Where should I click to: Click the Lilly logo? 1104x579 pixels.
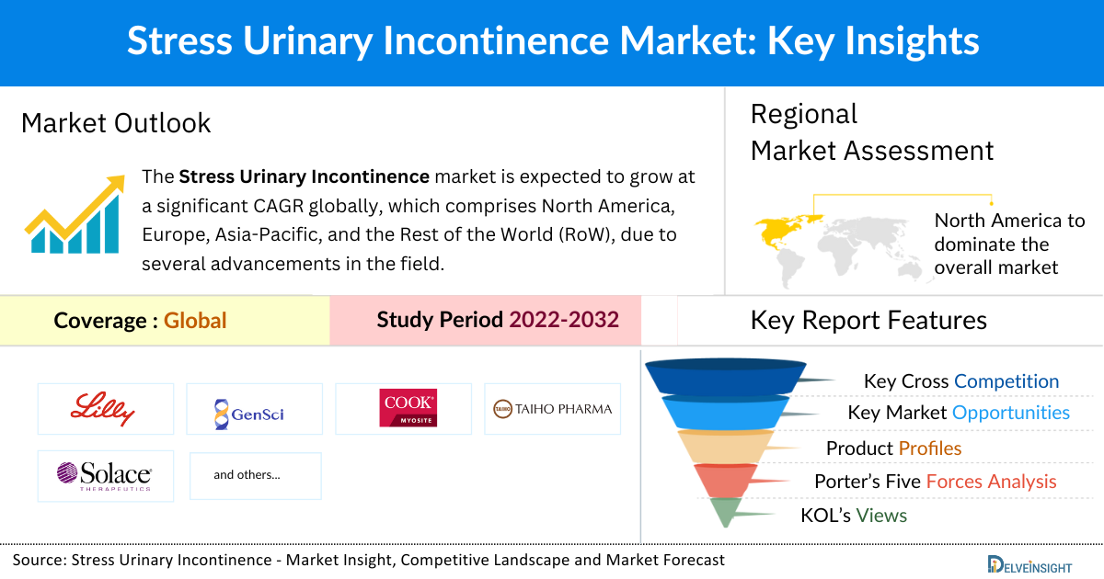(106, 408)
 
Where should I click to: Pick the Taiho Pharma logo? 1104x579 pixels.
(552, 409)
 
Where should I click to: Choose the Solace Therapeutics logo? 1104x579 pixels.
(106, 475)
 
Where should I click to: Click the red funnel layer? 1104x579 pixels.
(723, 480)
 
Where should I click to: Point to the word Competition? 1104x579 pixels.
(1006, 381)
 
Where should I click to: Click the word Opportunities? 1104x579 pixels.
(1011, 413)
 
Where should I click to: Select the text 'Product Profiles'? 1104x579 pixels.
(893, 448)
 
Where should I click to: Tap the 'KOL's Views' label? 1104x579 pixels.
(854, 516)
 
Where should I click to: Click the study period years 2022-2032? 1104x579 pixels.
(564, 320)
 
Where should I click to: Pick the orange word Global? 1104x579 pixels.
(195, 321)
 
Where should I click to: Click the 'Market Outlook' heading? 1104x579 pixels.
(116, 123)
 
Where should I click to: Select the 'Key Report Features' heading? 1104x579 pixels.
(868, 320)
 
